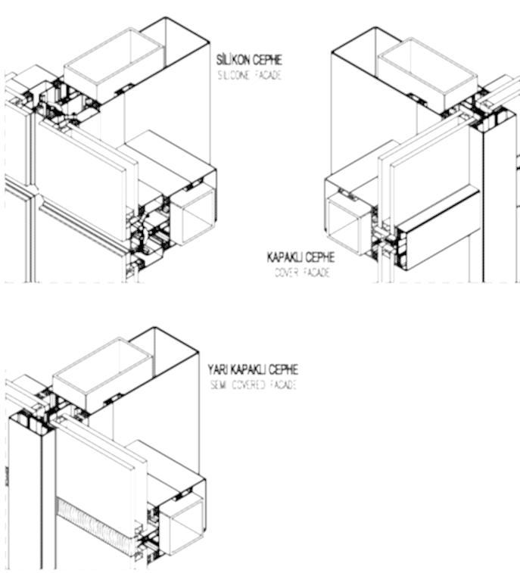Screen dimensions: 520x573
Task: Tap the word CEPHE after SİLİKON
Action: (268, 60)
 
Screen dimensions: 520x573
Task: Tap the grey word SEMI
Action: (219, 385)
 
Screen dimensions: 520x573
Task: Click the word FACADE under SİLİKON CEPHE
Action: (269, 76)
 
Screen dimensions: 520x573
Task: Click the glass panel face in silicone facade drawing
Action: (81, 182)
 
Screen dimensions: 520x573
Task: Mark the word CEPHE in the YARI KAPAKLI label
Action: (284, 369)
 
